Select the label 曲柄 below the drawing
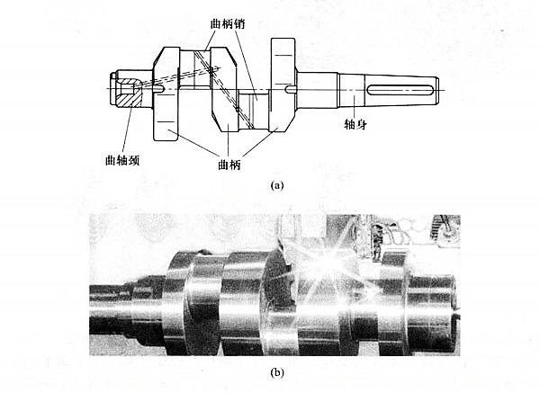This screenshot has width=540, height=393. tap(229, 165)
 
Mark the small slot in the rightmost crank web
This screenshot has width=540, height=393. tap(287, 90)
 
